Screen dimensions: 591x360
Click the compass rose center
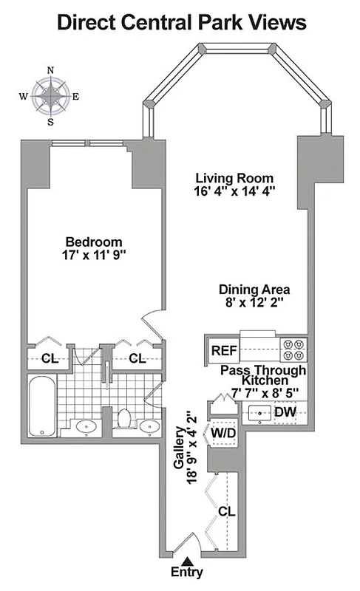coord(50,95)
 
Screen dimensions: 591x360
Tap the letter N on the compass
coord(50,70)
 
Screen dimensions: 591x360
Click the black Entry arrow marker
coord(186,561)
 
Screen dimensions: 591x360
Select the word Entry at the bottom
coord(186,573)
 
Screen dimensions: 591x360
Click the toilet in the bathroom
coord(124,420)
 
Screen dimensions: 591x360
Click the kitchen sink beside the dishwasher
coord(259,412)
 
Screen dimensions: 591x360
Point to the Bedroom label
coord(93,242)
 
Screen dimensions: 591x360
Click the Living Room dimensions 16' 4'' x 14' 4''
coord(234,192)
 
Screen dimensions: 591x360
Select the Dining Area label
coord(254,290)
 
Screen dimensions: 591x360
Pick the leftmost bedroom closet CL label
coord(49,358)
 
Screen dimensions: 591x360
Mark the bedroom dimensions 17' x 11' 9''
coord(93,256)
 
